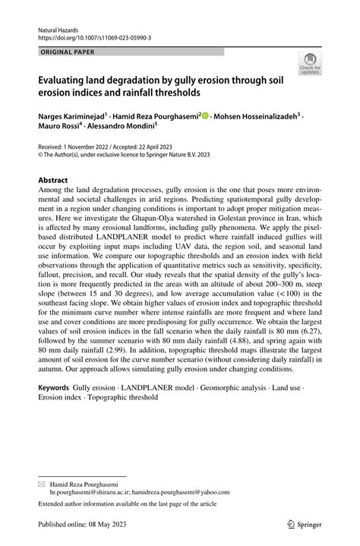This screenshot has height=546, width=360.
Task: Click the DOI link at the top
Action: point(94,36)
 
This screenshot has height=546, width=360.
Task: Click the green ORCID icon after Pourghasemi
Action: point(205,116)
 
